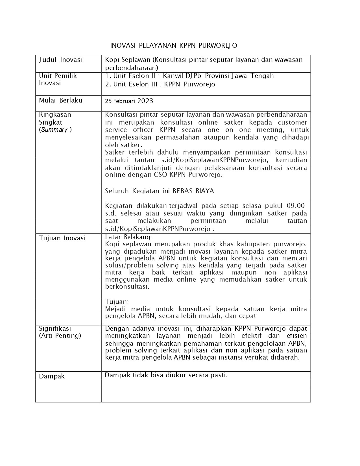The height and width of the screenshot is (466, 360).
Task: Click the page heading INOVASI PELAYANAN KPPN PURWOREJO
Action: (173, 45)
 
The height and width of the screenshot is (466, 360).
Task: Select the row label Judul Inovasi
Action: (60, 60)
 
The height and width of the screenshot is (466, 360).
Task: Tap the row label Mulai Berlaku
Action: (61, 100)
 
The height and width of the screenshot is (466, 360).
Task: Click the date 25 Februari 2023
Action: (129, 101)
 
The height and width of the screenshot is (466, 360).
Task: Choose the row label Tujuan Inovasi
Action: (62, 238)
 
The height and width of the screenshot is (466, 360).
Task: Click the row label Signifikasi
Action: (55, 328)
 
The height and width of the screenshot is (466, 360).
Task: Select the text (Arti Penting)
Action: (60, 336)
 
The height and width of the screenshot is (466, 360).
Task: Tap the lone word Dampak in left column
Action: (52, 376)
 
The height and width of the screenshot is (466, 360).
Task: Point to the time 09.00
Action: (296, 205)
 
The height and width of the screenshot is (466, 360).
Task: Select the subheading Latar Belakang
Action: (128, 237)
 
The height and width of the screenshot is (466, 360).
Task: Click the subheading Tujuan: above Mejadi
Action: (117, 302)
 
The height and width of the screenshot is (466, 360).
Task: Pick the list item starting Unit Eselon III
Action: (160, 84)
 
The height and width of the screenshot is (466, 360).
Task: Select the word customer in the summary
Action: (293, 122)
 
